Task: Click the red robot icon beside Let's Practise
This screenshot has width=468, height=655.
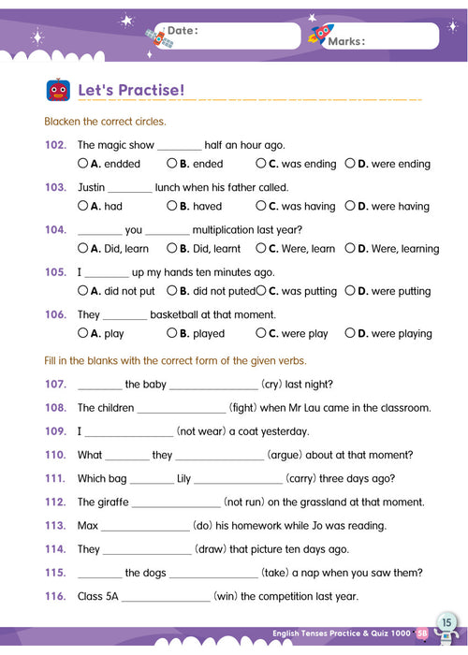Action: click(57, 90)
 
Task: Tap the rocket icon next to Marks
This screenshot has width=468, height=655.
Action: click(320, 35)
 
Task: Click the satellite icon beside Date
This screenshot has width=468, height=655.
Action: click(156, 36)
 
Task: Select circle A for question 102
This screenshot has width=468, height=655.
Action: click(82, 164)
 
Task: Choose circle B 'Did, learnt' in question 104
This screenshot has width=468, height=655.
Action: click(171, 249)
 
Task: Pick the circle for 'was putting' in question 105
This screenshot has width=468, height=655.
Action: click(260, 291)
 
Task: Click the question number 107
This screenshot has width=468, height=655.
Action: click(55, 384)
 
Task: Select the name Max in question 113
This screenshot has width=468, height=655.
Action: click(88, 526)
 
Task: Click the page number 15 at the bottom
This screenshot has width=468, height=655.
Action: click(446, 622)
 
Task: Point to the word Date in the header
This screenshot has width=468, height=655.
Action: click(183, 31)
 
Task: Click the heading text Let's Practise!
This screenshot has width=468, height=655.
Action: click(131, 91)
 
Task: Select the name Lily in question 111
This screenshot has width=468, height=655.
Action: click(183, 478)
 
